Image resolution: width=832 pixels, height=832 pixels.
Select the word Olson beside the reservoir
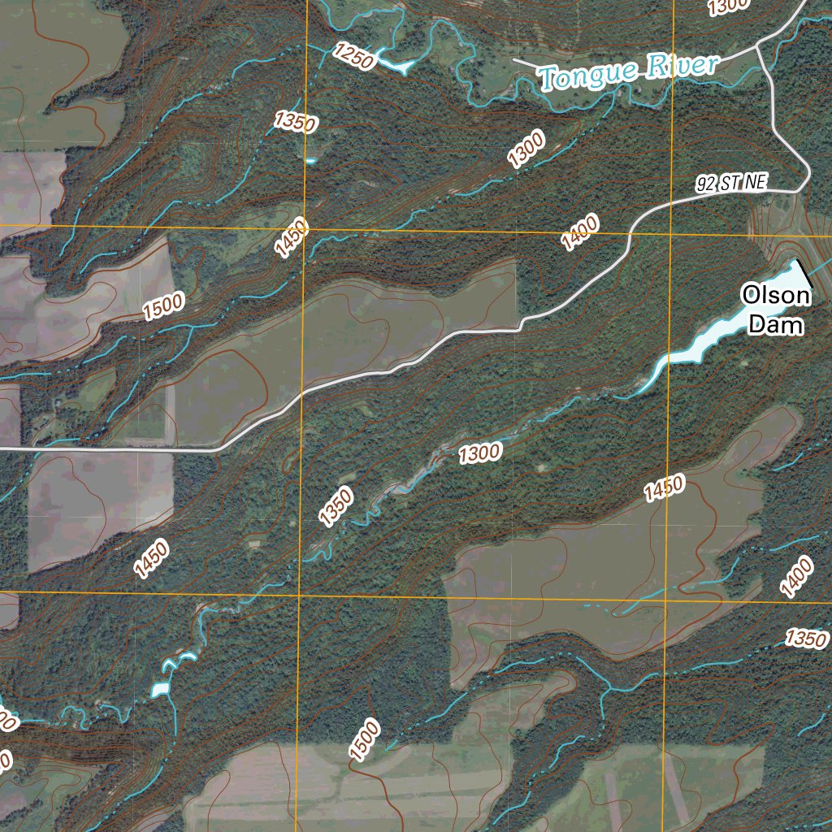click(x=776, y=296)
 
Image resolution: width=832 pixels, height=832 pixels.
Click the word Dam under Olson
click(x=776, y=326)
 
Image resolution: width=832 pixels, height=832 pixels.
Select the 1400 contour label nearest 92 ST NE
click(x=580, y=231)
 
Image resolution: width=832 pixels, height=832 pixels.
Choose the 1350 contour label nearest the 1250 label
click(x=295, y=122)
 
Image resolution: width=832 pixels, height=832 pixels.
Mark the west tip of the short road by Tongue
click(x=515, y=59)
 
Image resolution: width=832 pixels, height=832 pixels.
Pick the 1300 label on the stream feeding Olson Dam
click(x=479, y=453)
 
